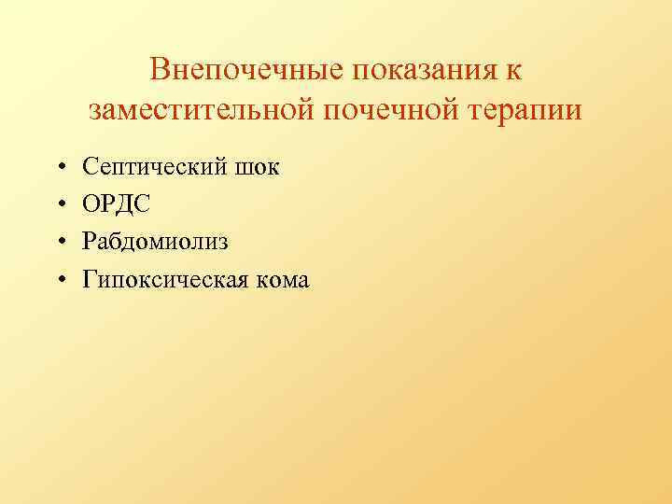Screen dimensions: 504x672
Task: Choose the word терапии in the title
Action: [523, 110]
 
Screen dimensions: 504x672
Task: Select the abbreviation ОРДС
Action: [115, 204]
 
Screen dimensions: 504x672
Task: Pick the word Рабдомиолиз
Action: [155, 242]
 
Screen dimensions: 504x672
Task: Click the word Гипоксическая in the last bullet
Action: [164, 279]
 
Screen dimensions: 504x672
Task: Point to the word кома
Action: [280, 279]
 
